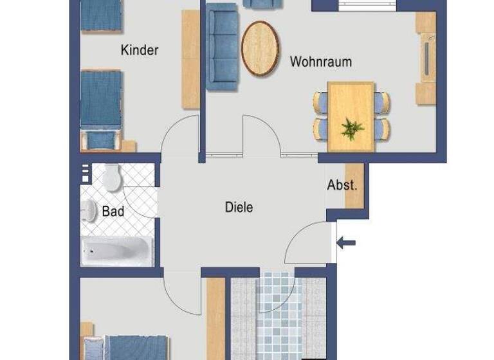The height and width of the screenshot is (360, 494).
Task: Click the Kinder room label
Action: point(140,50)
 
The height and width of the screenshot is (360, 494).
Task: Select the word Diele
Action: point(239,208)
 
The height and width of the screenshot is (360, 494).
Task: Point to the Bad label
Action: point(113,211)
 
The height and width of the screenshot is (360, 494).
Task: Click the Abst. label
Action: point(342,185)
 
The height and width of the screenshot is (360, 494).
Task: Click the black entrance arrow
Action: point(347,242)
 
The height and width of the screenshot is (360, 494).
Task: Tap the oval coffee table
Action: point(261,49)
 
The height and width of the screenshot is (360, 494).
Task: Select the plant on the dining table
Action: point(352,128)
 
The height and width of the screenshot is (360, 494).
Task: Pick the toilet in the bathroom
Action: point(112,177)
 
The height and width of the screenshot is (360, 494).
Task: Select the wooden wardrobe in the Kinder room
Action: point(191,59)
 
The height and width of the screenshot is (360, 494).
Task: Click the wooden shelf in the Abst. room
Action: point(354,186)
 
